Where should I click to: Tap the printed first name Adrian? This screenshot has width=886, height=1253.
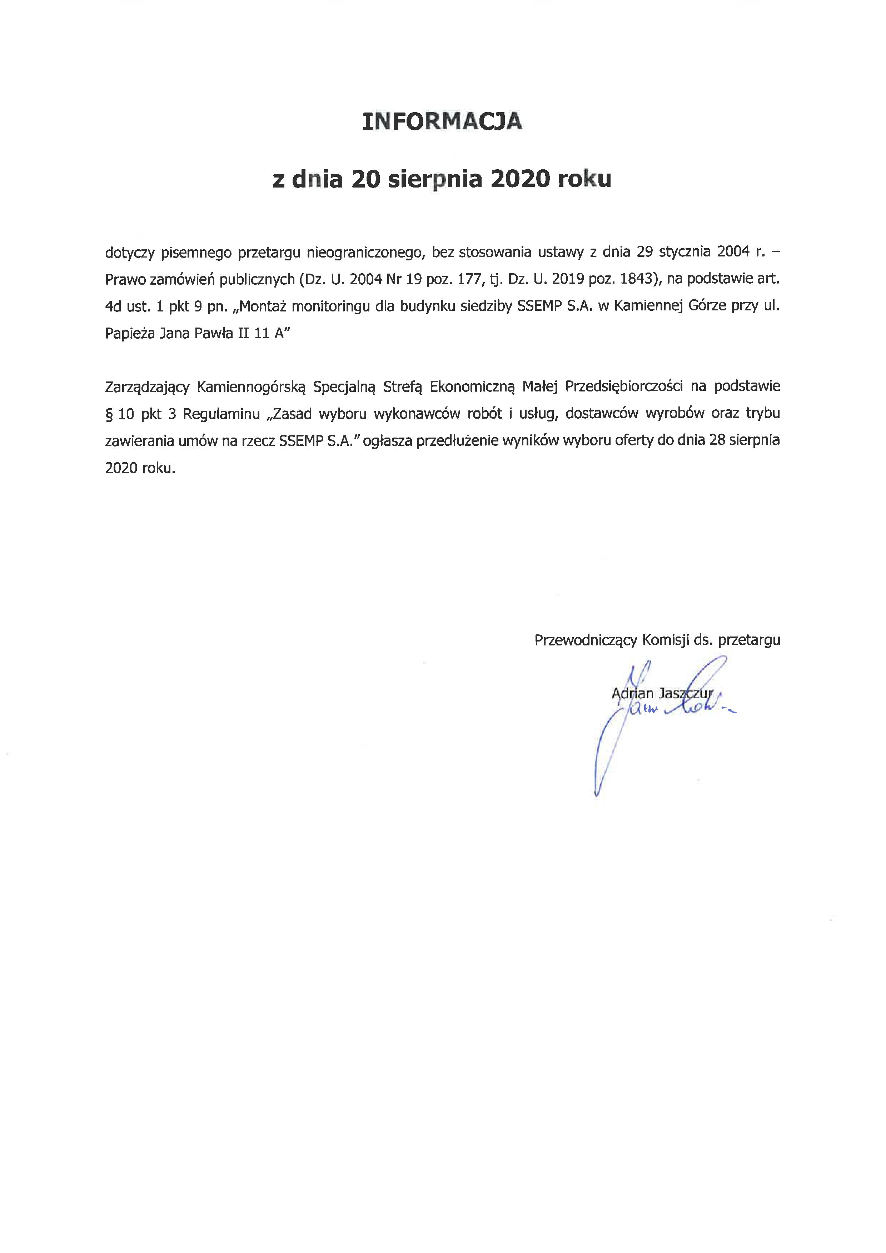632,694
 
